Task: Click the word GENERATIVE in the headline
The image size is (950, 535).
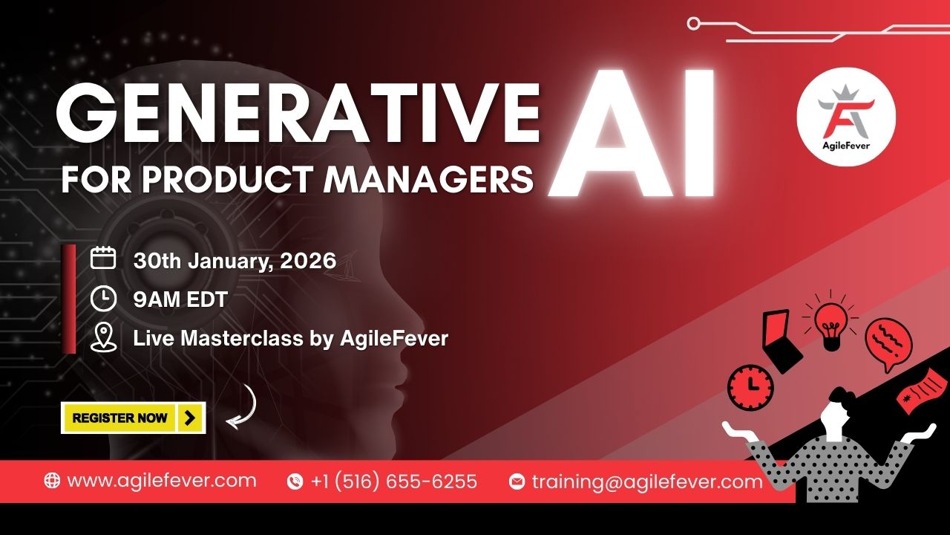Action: (297, 113)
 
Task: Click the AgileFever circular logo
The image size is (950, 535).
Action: (846, 119)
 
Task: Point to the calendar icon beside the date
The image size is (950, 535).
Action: (103, 259)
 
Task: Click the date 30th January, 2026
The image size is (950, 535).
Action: (235, 261)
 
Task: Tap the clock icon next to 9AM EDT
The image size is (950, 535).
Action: (103, 299)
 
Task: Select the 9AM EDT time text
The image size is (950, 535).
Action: (180, 300)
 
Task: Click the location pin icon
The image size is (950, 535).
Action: (103, 338)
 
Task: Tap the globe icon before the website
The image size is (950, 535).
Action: (52, 481)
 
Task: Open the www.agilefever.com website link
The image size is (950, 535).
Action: (161, 481)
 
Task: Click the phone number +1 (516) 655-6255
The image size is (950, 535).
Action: (394, 481)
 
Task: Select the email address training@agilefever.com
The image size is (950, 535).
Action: (646, 481)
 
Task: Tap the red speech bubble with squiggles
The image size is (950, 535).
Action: (888, 343)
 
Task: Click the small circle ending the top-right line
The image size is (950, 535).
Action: (694, 24)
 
